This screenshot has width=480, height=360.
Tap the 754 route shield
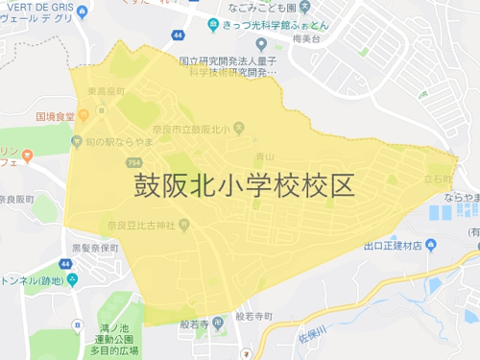click(x=130, y=163)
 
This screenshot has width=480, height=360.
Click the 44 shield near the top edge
click(x=179, y=36)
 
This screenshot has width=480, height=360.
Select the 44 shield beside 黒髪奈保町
click(x=65, y=263)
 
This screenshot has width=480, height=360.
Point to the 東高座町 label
click(x=106, y=90)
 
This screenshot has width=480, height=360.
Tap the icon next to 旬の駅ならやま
click(x=77, y=141)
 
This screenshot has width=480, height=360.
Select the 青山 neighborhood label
click(x=265, y=156)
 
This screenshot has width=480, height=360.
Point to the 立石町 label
click(x=438, y=179)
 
